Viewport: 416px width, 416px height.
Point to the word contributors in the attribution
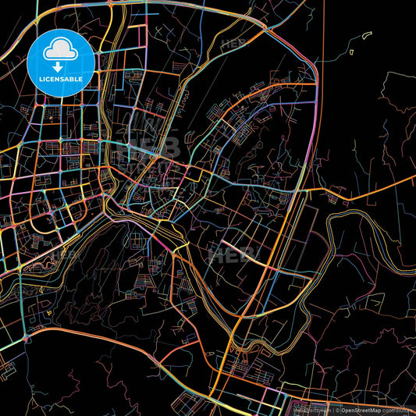(397, 409)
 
